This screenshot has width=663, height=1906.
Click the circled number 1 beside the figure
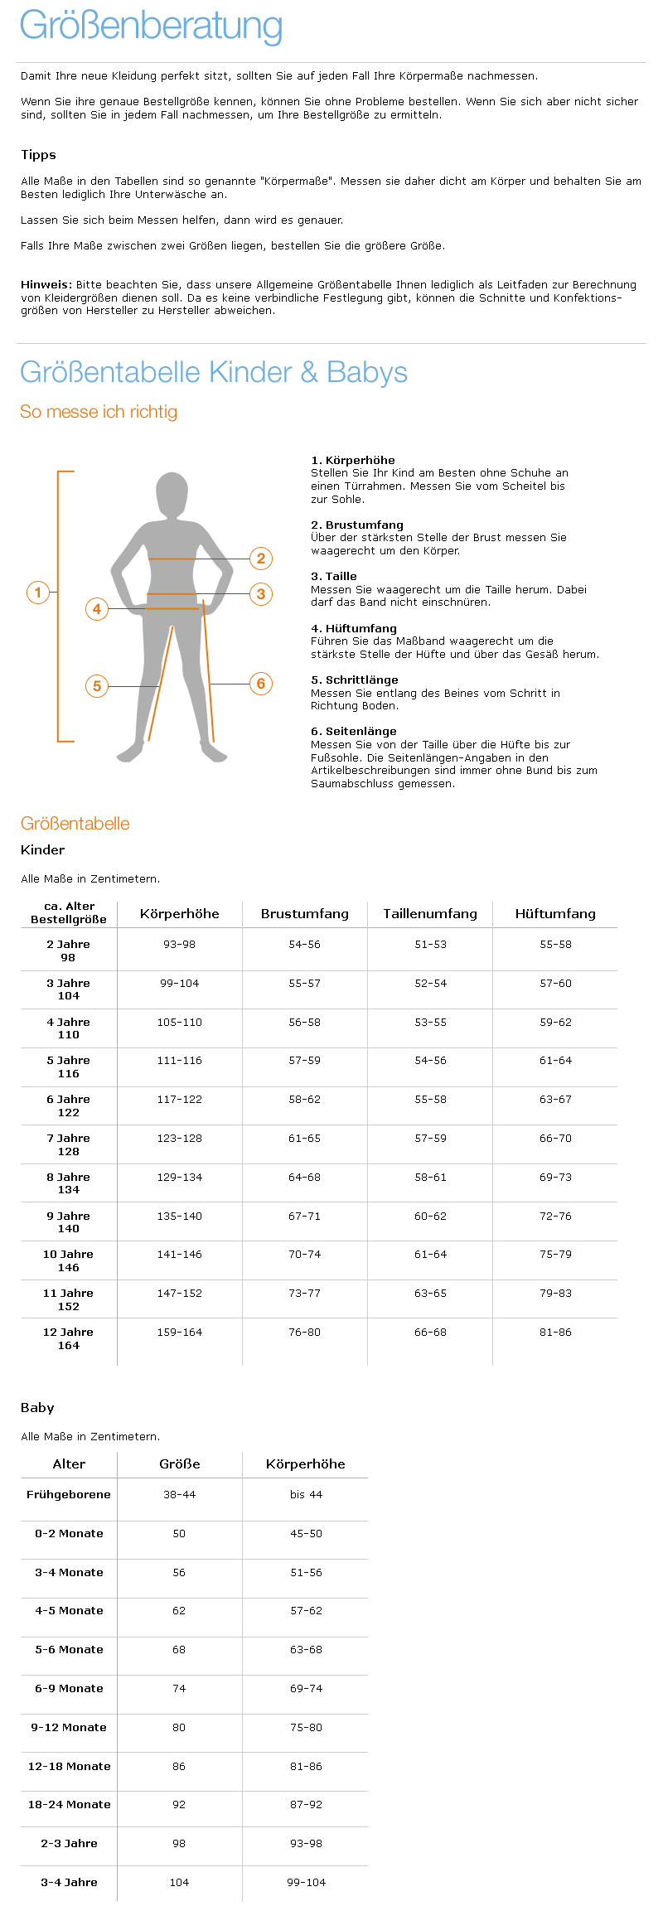(38, 593)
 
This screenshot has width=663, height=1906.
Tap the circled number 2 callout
(261, 559)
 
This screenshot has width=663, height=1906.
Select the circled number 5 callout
(97, 686)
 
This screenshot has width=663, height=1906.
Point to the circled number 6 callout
(261, 684)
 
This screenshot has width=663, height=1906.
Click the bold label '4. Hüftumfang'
(354, 628)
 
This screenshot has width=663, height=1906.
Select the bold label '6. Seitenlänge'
(354, 731)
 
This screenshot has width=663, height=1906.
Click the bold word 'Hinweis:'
(46, 284)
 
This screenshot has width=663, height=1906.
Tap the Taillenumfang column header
(430, 914)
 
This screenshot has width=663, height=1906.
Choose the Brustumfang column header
(305, 914)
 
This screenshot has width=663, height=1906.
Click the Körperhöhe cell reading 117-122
(180, 1100)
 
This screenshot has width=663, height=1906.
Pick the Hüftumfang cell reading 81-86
(555, 1333)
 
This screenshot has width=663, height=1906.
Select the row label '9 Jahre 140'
(69, 1222)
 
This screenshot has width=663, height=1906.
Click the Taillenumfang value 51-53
(430, 945)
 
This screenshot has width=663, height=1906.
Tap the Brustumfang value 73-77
(305, 1294)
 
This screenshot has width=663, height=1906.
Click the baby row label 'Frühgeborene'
(69, 1495)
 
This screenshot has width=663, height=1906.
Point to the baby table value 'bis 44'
(306, 1495)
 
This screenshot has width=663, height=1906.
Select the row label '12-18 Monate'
(69, 1767)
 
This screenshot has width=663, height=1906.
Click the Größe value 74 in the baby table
(179, 1689)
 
